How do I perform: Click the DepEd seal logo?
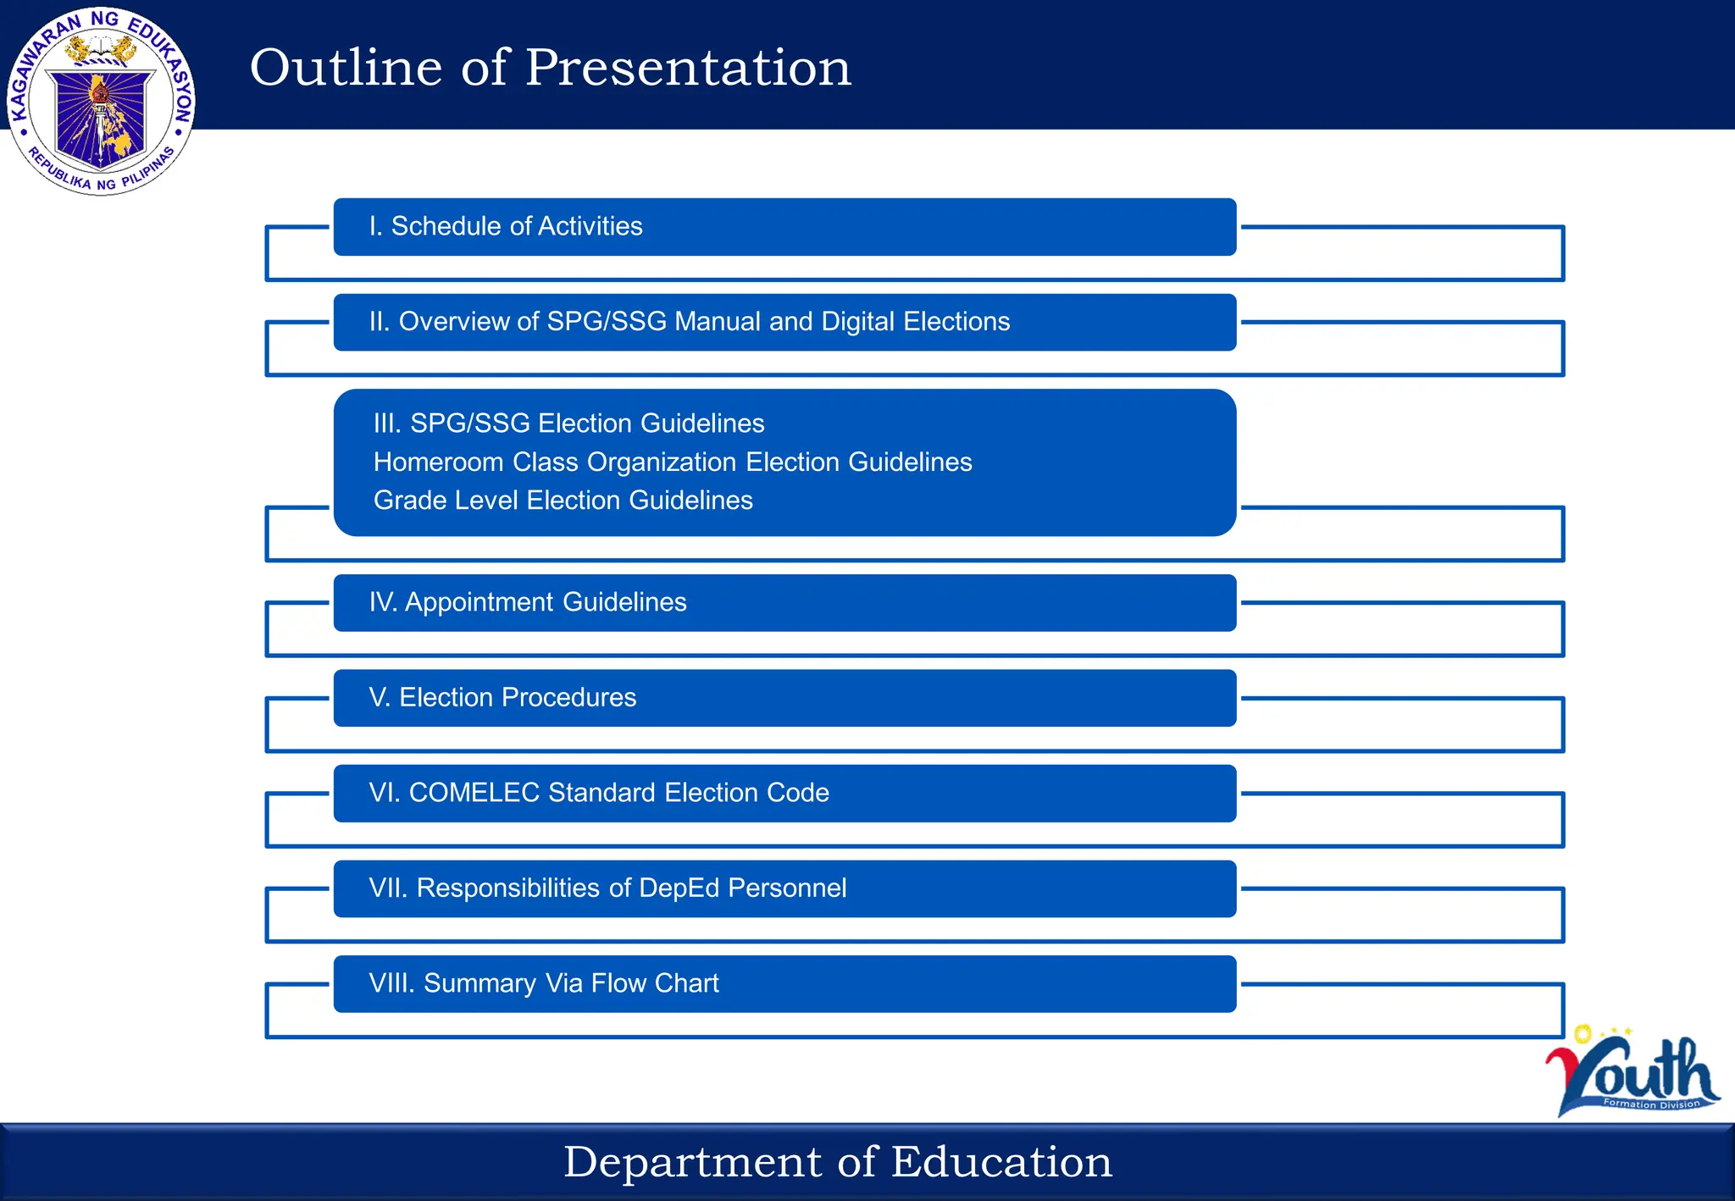coord(101,101)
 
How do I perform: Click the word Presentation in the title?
coord(688,68)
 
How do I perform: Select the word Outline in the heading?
coord(346,68)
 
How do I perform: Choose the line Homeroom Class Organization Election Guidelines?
coord(673,462)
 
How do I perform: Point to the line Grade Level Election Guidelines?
coord(563,501)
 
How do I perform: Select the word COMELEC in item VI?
coord(474,793)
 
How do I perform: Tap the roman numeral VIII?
coord(391,983)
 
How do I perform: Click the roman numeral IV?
coord(382,602)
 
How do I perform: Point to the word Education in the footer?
coord(1001,1162)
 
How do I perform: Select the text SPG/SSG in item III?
coord(469,423)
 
